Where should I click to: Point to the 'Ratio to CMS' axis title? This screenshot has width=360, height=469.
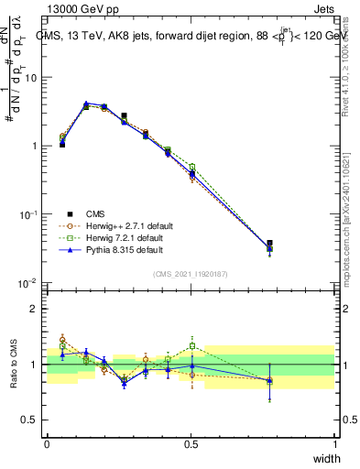pos(15,365)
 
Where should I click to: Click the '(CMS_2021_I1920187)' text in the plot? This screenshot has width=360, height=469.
pos(191,272)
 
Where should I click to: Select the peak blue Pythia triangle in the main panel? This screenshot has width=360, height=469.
pos(86,104)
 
